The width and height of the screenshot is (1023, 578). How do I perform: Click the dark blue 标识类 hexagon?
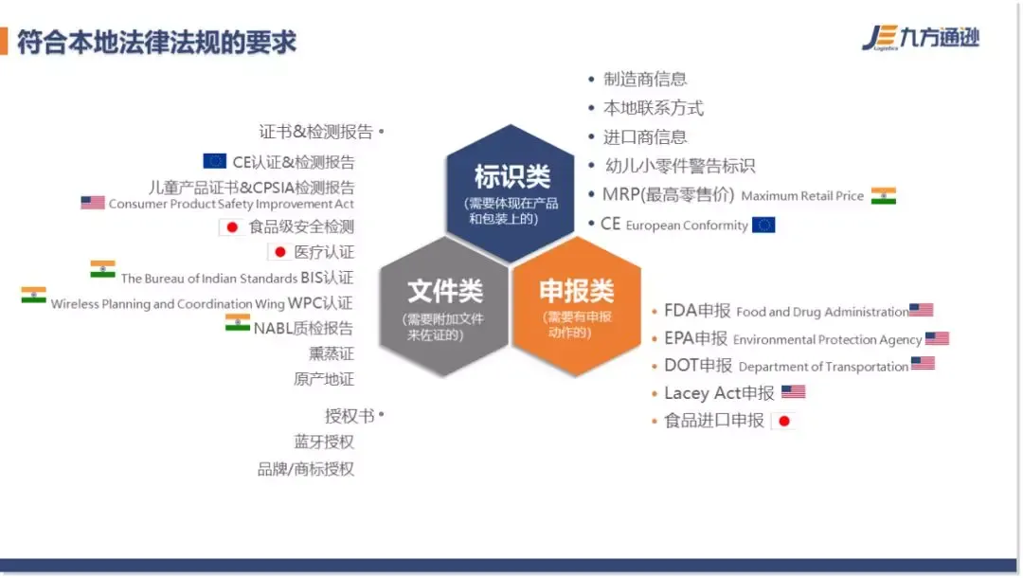[511, 193]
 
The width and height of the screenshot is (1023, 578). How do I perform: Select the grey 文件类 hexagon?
[443, 307]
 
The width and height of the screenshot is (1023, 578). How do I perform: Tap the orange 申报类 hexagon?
[577, 307]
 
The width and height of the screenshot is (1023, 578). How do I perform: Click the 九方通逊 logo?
[921, 38]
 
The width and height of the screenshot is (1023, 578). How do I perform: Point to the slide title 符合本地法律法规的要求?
[156, 43]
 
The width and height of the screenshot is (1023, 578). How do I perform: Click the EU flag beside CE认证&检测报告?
[215, 160]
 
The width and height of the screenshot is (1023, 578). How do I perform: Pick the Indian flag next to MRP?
[884, 196]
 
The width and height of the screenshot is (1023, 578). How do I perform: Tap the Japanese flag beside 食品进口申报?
[784, 421]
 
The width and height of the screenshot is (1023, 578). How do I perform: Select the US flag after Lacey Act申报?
[794, 391]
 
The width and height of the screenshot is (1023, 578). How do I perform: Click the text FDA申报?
[697, 311]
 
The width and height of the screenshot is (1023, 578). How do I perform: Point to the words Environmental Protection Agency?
[827, 340]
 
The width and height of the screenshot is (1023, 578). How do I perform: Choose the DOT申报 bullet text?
[698, 366]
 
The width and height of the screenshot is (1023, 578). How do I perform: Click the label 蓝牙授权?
[324, 442]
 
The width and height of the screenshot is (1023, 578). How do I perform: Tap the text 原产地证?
[324, 379]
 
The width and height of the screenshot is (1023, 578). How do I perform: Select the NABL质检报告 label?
[303, 328]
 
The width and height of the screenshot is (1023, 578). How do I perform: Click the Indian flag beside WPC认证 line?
[33, 295]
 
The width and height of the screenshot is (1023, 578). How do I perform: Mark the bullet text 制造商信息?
[645, 79]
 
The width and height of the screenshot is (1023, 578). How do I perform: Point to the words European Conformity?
[687, 226]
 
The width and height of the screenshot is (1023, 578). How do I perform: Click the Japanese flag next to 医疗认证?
[279, 252]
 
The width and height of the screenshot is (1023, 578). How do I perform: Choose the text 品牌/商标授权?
[305, 469]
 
